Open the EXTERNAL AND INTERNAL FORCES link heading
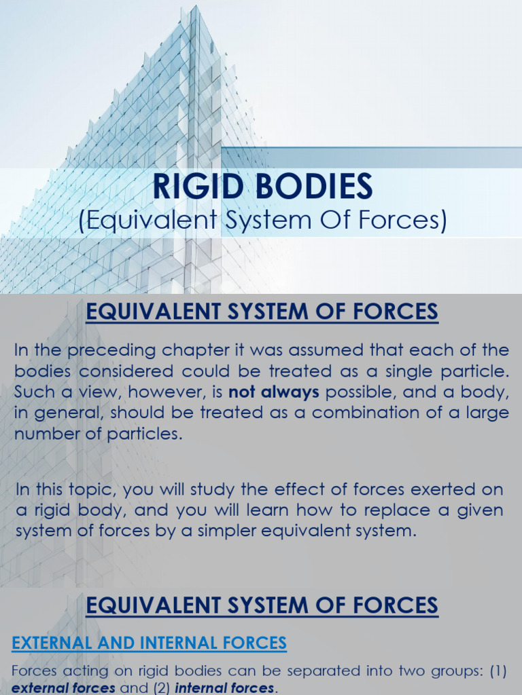(x=149, y=642)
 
